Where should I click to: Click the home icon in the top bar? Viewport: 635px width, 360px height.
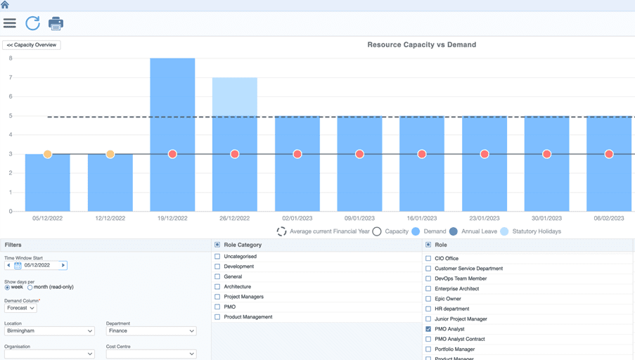point(5,5)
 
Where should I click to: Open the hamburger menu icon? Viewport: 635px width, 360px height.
point(10,23)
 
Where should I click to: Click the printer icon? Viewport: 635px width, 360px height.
point(56,23)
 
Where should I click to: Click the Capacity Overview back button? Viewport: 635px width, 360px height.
point(32,45)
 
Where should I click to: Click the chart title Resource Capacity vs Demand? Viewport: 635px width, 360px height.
point(422,44)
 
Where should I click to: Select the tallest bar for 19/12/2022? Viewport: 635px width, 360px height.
point(172,134)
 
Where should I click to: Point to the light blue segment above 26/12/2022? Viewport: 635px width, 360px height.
point(235,97)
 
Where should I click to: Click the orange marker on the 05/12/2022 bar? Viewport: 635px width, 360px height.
point(47,154)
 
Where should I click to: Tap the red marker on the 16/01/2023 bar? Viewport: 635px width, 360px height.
point(422,154)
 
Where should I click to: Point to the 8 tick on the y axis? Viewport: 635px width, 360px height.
point(11,58)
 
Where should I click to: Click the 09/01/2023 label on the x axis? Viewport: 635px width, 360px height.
point(359,218)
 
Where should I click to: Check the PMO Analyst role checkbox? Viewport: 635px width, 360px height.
point(428,329)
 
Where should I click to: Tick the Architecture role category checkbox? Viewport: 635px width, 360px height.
point(217,287)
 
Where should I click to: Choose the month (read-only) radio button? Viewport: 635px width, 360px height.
point(30,288)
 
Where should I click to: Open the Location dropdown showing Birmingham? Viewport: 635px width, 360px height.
point(49,331)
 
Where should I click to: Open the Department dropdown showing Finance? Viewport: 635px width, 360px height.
point(151,331)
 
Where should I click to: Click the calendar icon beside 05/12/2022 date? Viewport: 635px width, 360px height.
point(18,266)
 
